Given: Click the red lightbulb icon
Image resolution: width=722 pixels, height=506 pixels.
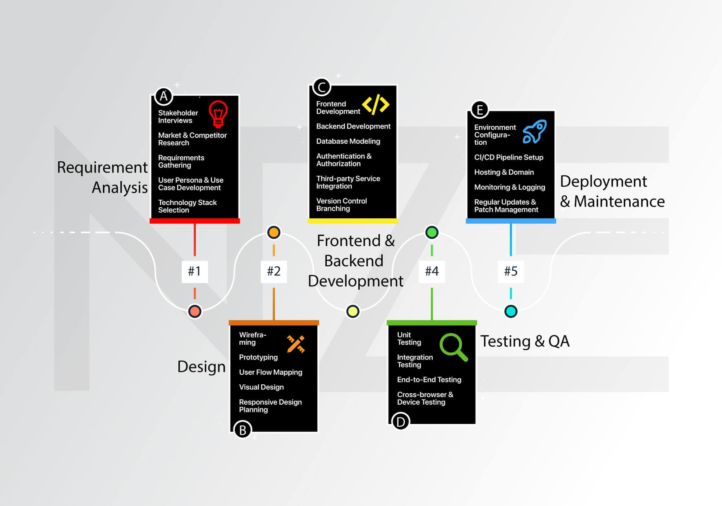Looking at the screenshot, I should coord(218,114).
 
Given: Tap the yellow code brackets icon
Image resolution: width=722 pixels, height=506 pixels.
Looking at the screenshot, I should coord(375,104).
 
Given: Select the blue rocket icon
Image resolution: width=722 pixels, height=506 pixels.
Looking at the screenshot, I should coord(535,132).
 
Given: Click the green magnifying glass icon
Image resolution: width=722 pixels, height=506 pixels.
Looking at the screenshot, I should coord(453,347).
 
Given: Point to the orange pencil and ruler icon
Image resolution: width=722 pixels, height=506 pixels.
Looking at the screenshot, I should coord(296,344).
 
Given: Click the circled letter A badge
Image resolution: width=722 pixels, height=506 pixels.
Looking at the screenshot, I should coord(164,96).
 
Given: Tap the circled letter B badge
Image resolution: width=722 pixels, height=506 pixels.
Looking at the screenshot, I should coord(243,430).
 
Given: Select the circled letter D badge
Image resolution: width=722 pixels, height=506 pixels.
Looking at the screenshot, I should coord(400,422).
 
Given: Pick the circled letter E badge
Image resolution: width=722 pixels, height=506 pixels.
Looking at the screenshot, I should coord(480,109).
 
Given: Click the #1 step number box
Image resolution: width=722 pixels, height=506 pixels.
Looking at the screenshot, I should coord(195,271).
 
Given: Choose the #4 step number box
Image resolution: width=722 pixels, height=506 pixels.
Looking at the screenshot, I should coord(432,271).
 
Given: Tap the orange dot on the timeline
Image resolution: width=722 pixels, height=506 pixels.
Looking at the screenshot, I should coord(274,232).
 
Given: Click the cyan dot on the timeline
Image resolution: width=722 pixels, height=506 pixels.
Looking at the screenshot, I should coord(510,311).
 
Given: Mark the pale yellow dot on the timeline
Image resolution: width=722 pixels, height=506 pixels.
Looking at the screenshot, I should coord(353,311).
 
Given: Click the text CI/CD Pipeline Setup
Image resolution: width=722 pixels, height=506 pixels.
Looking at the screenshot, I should coord(508,157).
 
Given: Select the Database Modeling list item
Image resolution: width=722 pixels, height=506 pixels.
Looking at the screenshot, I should coord(348,141).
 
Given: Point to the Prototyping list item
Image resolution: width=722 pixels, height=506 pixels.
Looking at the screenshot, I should coord(258,357).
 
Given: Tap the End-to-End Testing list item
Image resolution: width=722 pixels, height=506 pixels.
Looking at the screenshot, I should coord(429,380).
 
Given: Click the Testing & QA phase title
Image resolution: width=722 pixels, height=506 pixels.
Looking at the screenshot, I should coord(525,341).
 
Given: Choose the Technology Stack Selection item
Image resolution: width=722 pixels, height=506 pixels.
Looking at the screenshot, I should coord(187,206).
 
